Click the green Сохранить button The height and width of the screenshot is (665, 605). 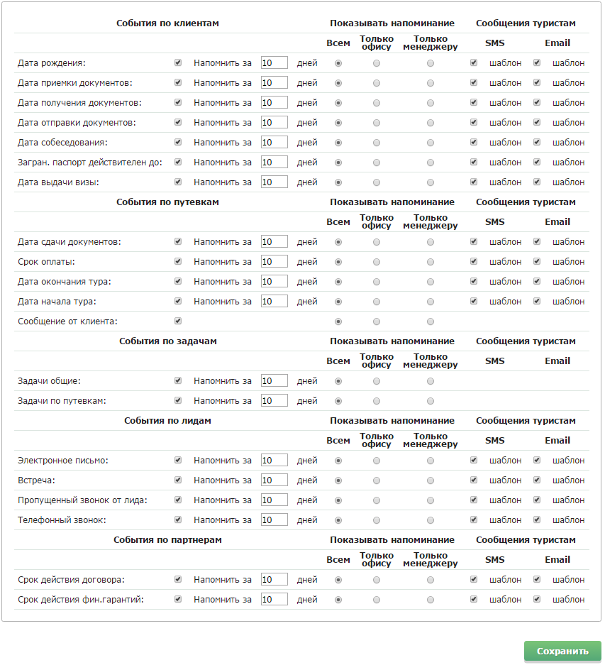(562, 652)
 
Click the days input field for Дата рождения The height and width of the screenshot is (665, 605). (274, 63)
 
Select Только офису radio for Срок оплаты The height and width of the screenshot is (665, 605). (376, 262)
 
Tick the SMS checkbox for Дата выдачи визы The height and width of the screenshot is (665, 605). (474, 182)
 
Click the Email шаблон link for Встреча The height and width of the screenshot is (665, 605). (569, 480)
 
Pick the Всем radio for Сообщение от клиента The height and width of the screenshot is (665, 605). (338, 321)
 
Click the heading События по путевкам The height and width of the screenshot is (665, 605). (167, 202)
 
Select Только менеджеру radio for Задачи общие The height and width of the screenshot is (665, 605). (431, 381)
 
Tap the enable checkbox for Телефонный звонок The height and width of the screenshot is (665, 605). (178, 520)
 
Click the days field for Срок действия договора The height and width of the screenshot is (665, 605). (274, 580)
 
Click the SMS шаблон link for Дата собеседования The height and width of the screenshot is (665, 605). (505, 143)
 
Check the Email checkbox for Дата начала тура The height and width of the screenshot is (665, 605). (537, 302)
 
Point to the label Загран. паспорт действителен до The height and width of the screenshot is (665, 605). (90, 163)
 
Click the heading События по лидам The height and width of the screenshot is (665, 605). (167, 421)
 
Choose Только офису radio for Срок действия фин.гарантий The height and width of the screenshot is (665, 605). (376, 600)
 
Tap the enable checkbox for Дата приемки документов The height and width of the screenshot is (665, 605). (178, 83)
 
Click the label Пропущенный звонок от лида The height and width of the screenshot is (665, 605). (82, 500)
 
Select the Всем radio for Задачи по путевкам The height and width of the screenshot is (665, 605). (338, 401)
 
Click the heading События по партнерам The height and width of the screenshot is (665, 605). (167, 540)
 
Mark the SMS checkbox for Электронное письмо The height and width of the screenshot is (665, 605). (474, 461)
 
